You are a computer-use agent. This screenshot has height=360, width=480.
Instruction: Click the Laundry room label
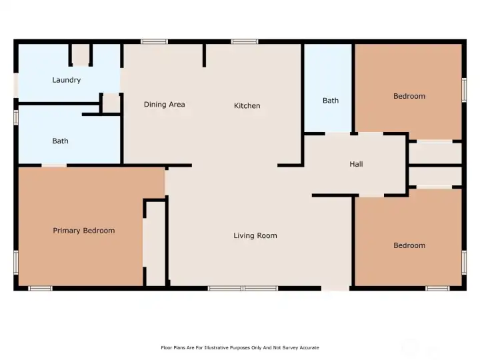tap(67, 80)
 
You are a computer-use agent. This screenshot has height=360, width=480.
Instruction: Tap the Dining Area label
tap(165, 105)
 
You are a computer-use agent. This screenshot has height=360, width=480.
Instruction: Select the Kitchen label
tap(247, 105)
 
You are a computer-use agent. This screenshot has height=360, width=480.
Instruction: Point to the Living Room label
tap(255, 235)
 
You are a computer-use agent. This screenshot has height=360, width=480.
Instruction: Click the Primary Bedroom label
tap(84, 231)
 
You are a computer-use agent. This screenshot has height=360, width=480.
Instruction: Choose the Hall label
tap(356, 164)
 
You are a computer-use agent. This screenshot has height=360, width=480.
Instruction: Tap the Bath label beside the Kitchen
tap(331, 101)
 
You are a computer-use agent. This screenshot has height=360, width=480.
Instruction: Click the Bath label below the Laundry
tap(60, 141)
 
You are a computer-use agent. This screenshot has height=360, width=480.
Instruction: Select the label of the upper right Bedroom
tap(409, 96)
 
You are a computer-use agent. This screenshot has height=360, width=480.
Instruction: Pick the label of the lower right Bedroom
tap(409, 245)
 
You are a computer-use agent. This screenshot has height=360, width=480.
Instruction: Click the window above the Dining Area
tap(154, 41)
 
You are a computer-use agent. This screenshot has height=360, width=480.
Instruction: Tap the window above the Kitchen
tap(244, 41)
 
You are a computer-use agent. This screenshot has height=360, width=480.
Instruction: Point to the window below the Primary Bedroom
tap(40, 289)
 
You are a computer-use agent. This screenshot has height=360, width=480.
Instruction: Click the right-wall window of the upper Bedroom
tap(464, 90)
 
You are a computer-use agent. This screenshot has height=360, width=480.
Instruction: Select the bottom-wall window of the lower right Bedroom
tap(437, 289)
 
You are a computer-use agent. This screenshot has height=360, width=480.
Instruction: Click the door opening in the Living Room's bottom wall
tap(335, 289)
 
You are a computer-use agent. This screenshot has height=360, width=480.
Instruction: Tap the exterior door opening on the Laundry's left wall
tap(16, 85)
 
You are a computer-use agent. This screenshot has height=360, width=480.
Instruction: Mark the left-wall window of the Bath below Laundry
tap(16, 117)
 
